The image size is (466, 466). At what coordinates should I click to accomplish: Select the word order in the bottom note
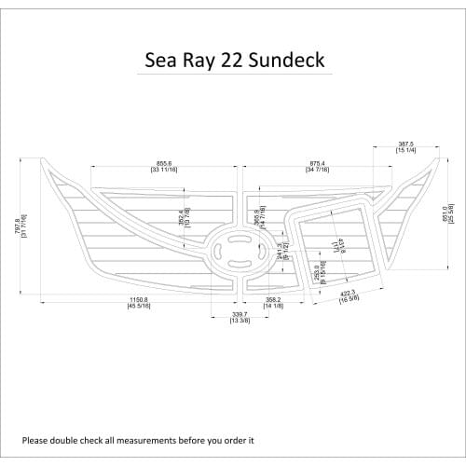click(x=231, y=440)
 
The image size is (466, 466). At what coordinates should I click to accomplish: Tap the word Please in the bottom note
click(x=36, y=440)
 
